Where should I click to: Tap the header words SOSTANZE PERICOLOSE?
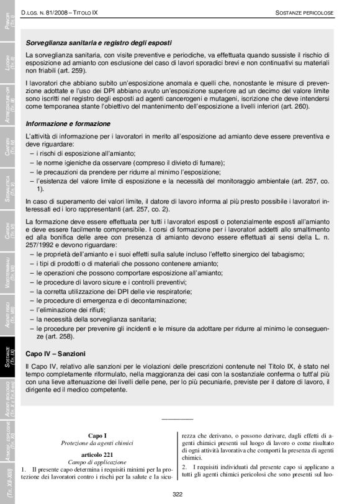(x=304, y=12)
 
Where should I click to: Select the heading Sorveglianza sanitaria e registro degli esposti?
(x=99, y=43)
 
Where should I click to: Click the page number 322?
(x=178, y=493)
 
